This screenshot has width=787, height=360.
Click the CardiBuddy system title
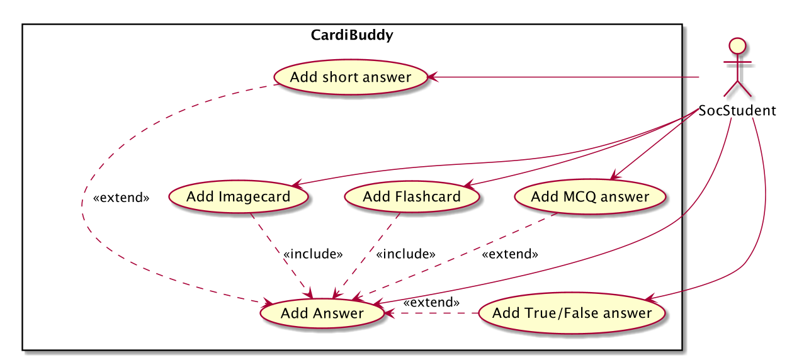tap(352, 35)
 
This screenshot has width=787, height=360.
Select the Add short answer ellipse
tap(351, 77)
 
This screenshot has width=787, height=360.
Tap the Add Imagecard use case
tap(238, 197)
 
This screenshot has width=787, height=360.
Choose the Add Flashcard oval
tap(412, 197)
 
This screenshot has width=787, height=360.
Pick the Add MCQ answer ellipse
tap(590, 197)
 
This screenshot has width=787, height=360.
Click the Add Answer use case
tap(322, 313)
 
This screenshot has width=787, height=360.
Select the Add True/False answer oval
tap(572, 313)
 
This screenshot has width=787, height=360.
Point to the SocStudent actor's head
tap(738, 47)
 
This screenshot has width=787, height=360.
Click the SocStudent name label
tap(737, 111)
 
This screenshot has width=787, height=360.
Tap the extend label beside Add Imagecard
tap(122, 198)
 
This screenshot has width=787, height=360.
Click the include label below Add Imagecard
tap(313, 254)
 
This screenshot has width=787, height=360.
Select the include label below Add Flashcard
tap(406, 254)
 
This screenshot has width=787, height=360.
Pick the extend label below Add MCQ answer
tap(510, 254)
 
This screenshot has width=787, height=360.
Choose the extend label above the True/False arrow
tap(431, 302)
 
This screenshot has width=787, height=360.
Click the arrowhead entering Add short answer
tap(433, 77)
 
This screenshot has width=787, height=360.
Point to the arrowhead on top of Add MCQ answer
tap(616, 174)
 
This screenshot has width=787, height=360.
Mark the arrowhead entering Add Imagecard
tap(297, 183)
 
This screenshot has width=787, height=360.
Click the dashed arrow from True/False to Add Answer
tap(431, 313)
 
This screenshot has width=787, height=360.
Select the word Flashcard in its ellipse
tap(428, 197)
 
